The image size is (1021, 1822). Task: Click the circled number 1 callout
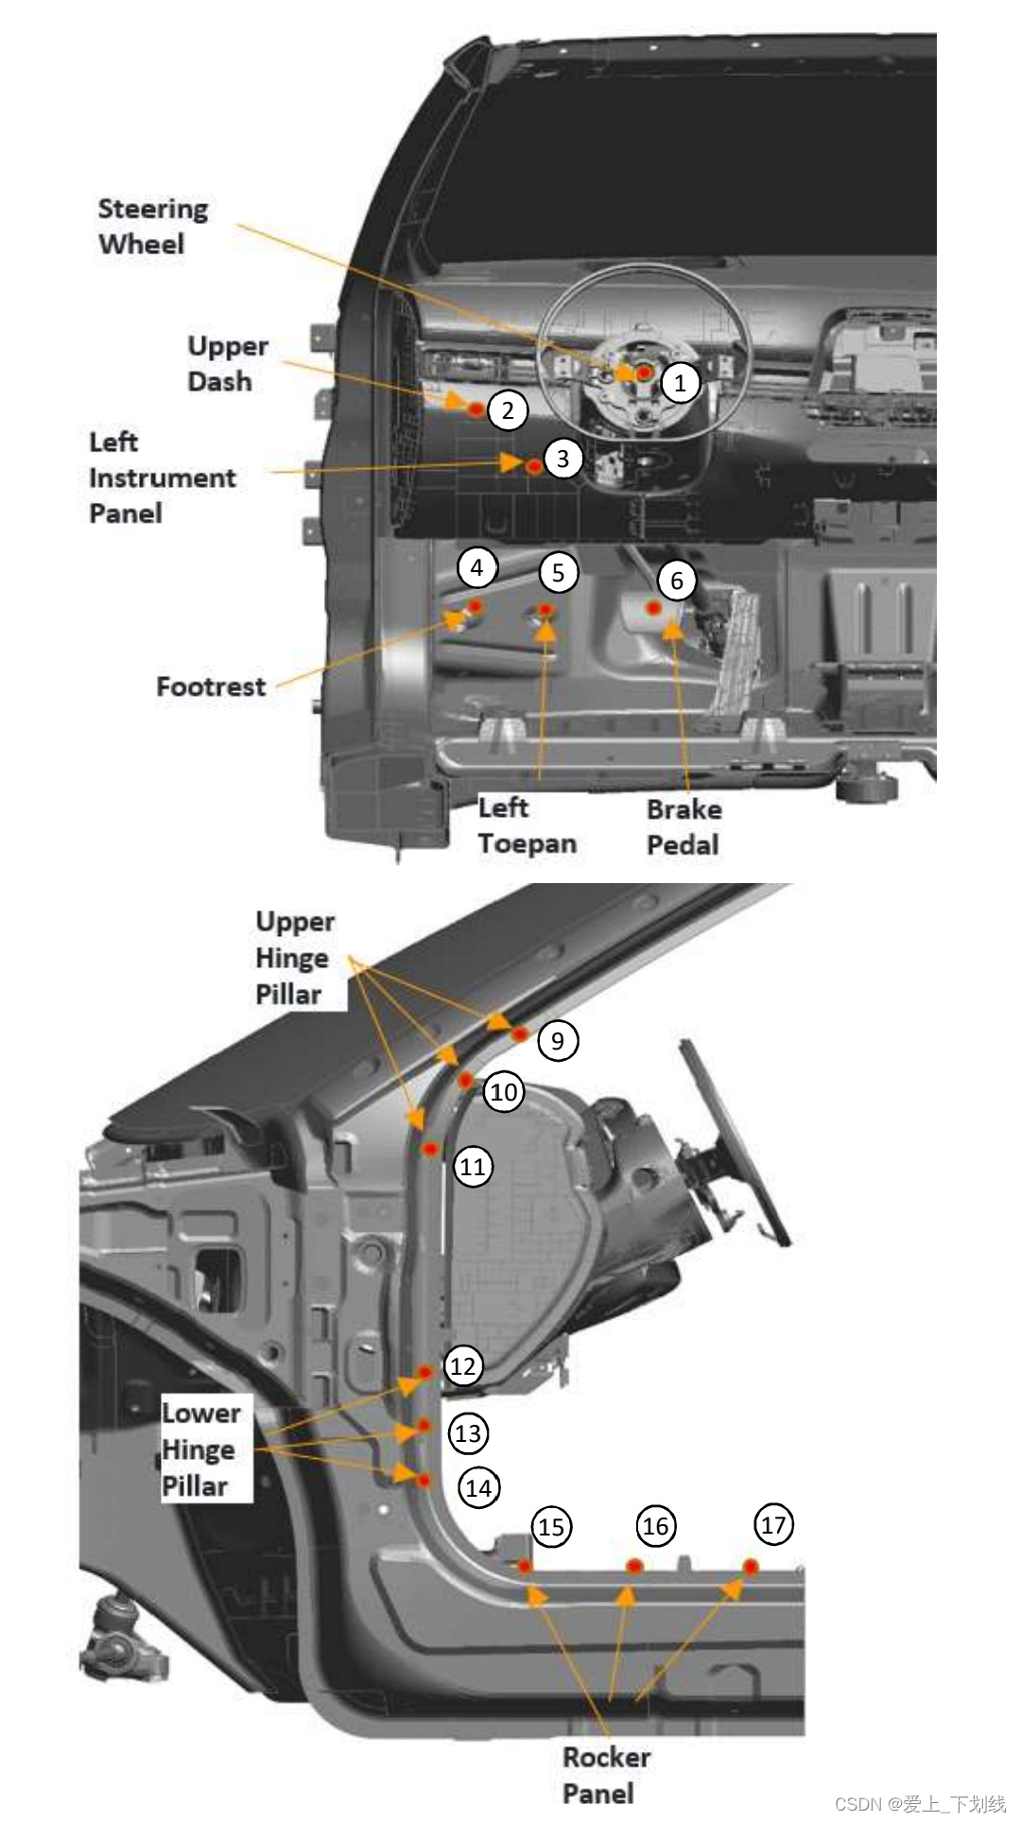pyautogui.click(x=680, y=383)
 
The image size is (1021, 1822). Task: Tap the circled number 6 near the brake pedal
pyautogui.click(x=677, y=580)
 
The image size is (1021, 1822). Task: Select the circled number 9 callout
pyautogui.click(x=558, y=1040)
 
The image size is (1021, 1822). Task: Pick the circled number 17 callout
pyautogui.click(x=773, y=1524)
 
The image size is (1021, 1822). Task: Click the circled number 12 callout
pyautogui.click(x=462, y=1365)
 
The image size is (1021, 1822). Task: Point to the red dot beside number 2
pyautogui.click(x=476, y=408)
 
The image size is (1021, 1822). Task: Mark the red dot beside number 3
pyautogui.click(x=534, y=465)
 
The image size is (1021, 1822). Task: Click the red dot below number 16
pyautogui.click(x=634, y=1566)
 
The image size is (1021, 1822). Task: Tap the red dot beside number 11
pyautogui.click(x=431, y=1149)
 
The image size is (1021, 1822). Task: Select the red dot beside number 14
pyautogui.click(x=424, y=1480)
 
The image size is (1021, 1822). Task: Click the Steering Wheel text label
pyautogui.click(x=152, y=226)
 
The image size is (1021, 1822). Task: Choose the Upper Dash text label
pyautogui.click(x=227, y=363)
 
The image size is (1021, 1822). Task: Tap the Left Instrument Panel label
pyautogui.click(x=161, y=477)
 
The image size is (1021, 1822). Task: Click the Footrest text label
pyautogui.click(x=211, y=686)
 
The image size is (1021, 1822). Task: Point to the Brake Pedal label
pyautogui.click(x=684, y=826)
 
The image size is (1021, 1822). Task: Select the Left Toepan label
pyautogui.click(x=527, y=824)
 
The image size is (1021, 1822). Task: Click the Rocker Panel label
pyautogui.click(x=605, y=1775)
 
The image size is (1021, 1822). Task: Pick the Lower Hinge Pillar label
pyautogui.click(x=200, y=1449)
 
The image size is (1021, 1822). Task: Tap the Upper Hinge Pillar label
pyautogui.click(x=294, y=957)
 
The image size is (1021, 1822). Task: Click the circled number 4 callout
pyautogui.click(x=476, y=567)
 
